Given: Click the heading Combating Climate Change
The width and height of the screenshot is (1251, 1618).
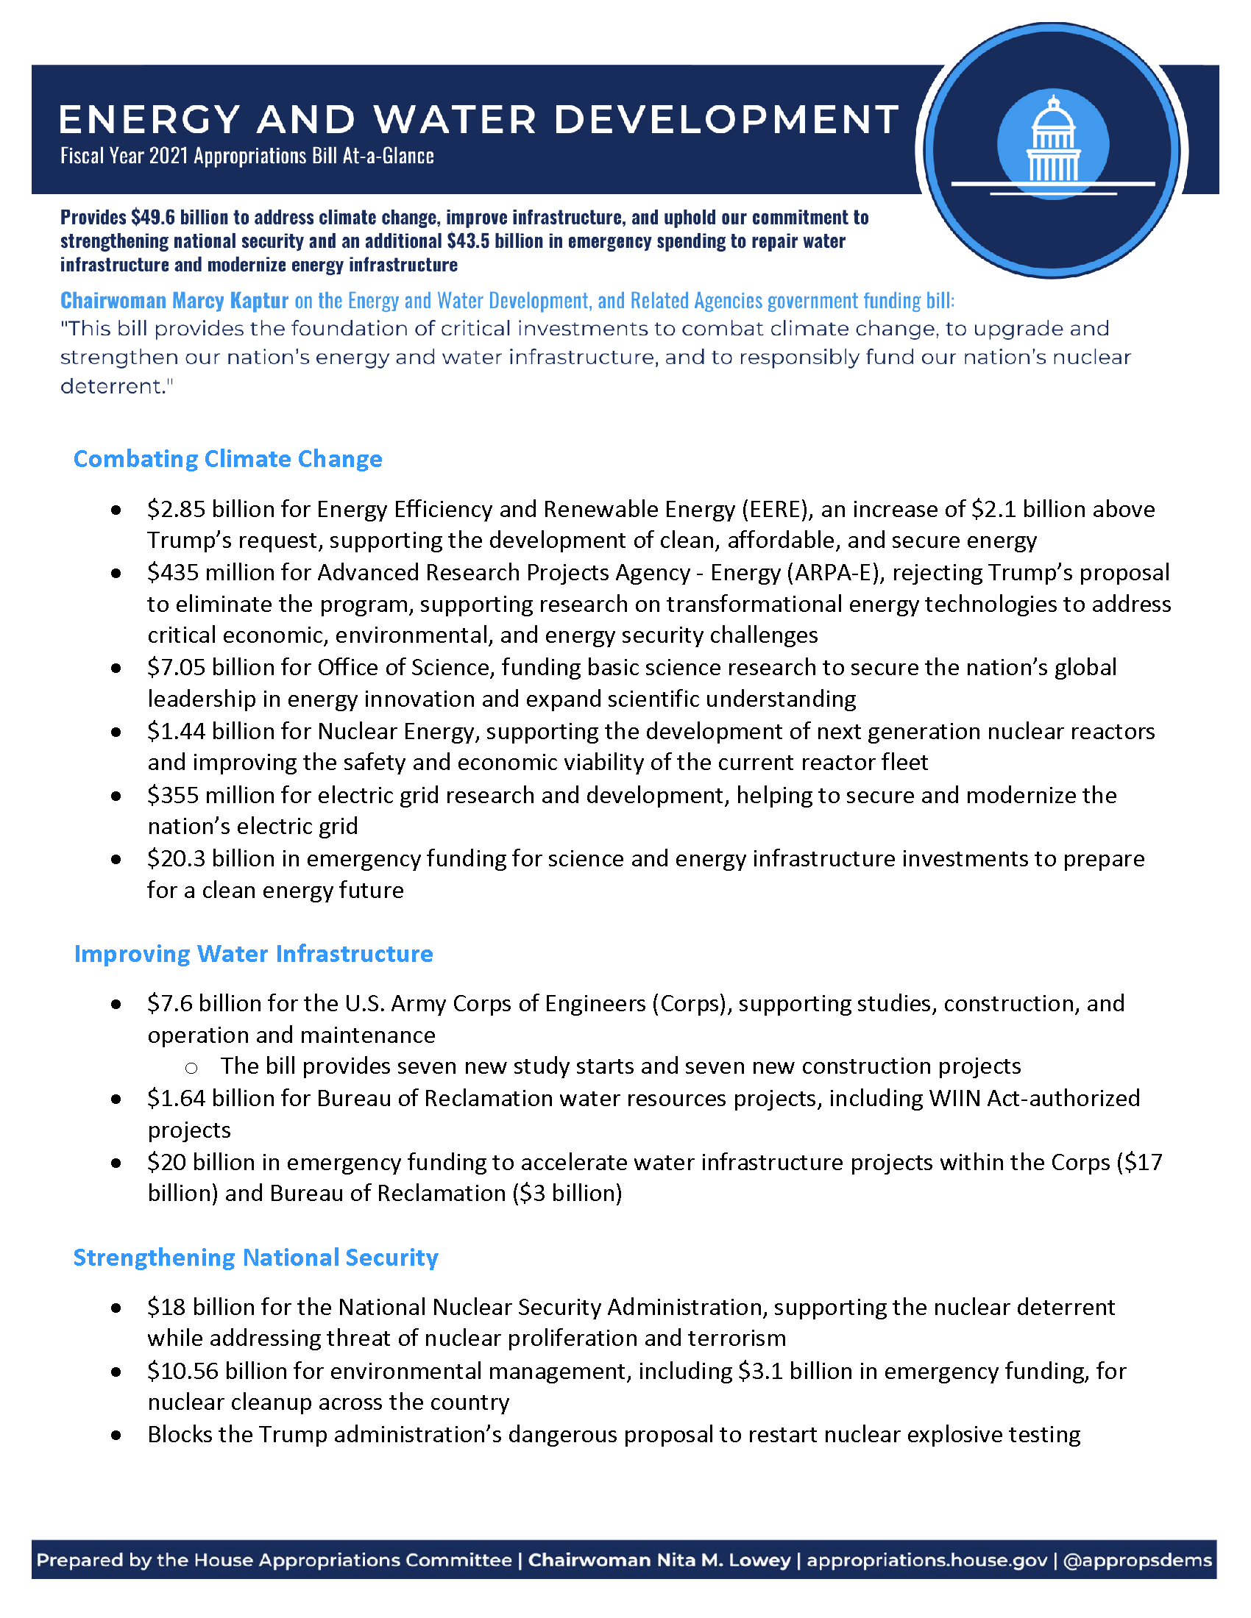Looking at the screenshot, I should click(x=227, y=459).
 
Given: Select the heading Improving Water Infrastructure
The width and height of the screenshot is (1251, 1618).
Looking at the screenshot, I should click(x=253, y=953).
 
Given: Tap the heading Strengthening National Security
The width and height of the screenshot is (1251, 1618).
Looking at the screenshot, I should click(x=255, y=1257).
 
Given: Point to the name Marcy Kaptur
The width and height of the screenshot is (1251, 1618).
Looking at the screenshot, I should click(x=230, y=300).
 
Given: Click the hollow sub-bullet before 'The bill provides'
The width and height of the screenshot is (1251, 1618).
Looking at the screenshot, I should click(x=191, y=1068).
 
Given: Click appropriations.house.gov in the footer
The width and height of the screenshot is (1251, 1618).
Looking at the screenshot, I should click(x=926, y=1560).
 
